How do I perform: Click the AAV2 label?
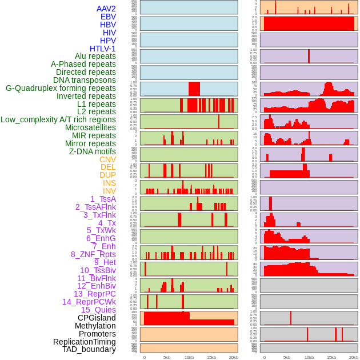click(106, 9)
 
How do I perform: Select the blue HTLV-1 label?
click(103, 49)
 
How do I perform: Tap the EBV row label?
click(108, 17)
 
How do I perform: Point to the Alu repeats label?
click(95, 56)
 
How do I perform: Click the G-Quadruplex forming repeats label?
click(61, 88)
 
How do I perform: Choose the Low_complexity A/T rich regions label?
click(58, 119)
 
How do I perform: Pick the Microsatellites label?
click(90, 127)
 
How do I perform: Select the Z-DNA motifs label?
click(93, 151)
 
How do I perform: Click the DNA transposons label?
click(85, 80)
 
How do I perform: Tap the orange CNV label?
click(107, 159)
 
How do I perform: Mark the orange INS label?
click(109, 183)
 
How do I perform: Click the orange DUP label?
click(107, 175)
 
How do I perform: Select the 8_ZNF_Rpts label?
click(93, 254)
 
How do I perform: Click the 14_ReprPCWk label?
click(89, 302)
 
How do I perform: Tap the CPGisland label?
click(97, 318)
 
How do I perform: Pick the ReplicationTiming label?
click(85, 342)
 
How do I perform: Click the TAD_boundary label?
click(89, 349)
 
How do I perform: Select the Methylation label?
click(91, 326)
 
